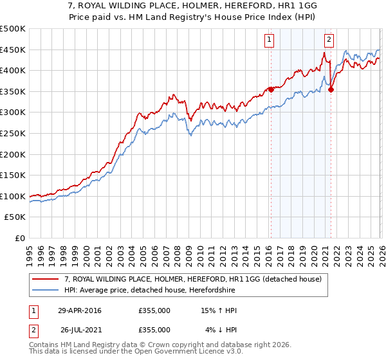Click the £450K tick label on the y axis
(x=13, y=50)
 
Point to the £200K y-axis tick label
(x=13, y=154)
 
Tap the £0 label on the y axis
(x=19, y=238)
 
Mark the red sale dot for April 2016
(x=271, y=89)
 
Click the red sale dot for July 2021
(x=331, y=89)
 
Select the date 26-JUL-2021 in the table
(x=79, y=329)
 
